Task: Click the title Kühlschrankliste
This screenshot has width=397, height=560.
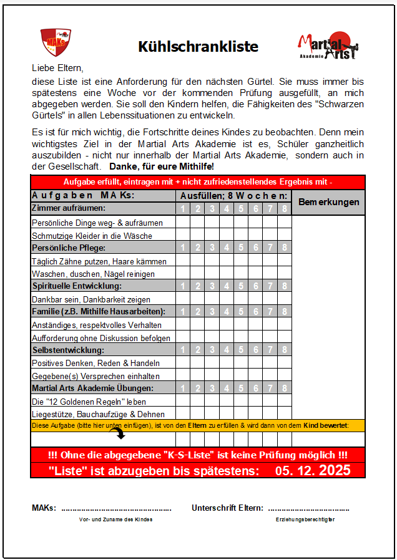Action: tap(198, 47)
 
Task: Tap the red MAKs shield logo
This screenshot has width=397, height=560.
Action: tap(54, 42)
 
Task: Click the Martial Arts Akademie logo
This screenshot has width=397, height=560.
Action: tap(327, 47)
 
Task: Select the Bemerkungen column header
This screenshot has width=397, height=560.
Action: tap(328, 202)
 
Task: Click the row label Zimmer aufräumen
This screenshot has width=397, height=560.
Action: tap(69, 208)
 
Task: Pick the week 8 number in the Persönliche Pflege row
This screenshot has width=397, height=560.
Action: tap(285, 248)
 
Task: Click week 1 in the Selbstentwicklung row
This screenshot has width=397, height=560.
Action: tap(183, 350)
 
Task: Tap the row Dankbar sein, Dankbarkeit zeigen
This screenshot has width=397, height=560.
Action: tap(91, 299)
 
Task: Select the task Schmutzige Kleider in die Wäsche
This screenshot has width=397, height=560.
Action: tap(92, 236)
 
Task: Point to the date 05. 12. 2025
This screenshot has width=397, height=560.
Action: tap(313, 470)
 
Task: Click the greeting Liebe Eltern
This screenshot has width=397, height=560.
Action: tap(57, 67)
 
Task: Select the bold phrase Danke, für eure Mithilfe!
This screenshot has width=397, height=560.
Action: tap(161, 167)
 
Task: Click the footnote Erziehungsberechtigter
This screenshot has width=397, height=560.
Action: tap(306, 519)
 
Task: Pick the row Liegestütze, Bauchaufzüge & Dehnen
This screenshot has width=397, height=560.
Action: tap(98, 414)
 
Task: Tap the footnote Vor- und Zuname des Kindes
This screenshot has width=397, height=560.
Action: tap(116, 519)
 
